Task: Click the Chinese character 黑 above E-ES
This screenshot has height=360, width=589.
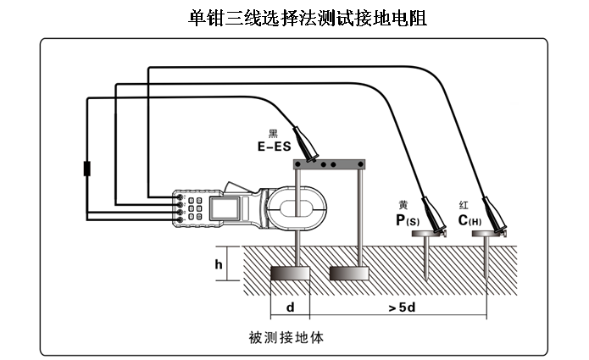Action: coord(273,133)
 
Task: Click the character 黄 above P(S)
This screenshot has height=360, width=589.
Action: coord(403,206)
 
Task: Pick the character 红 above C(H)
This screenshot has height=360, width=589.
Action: coord(464,206)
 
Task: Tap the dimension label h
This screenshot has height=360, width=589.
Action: coord(219,265)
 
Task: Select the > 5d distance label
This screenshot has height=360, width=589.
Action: coord(401,307)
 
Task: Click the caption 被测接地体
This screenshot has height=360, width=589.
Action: coord(286,337)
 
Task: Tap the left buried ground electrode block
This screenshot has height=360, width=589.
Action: coord(290,274)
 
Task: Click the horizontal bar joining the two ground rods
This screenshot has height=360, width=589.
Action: coord(328,163)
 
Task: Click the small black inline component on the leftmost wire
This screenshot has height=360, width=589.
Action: coord(86,168)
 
